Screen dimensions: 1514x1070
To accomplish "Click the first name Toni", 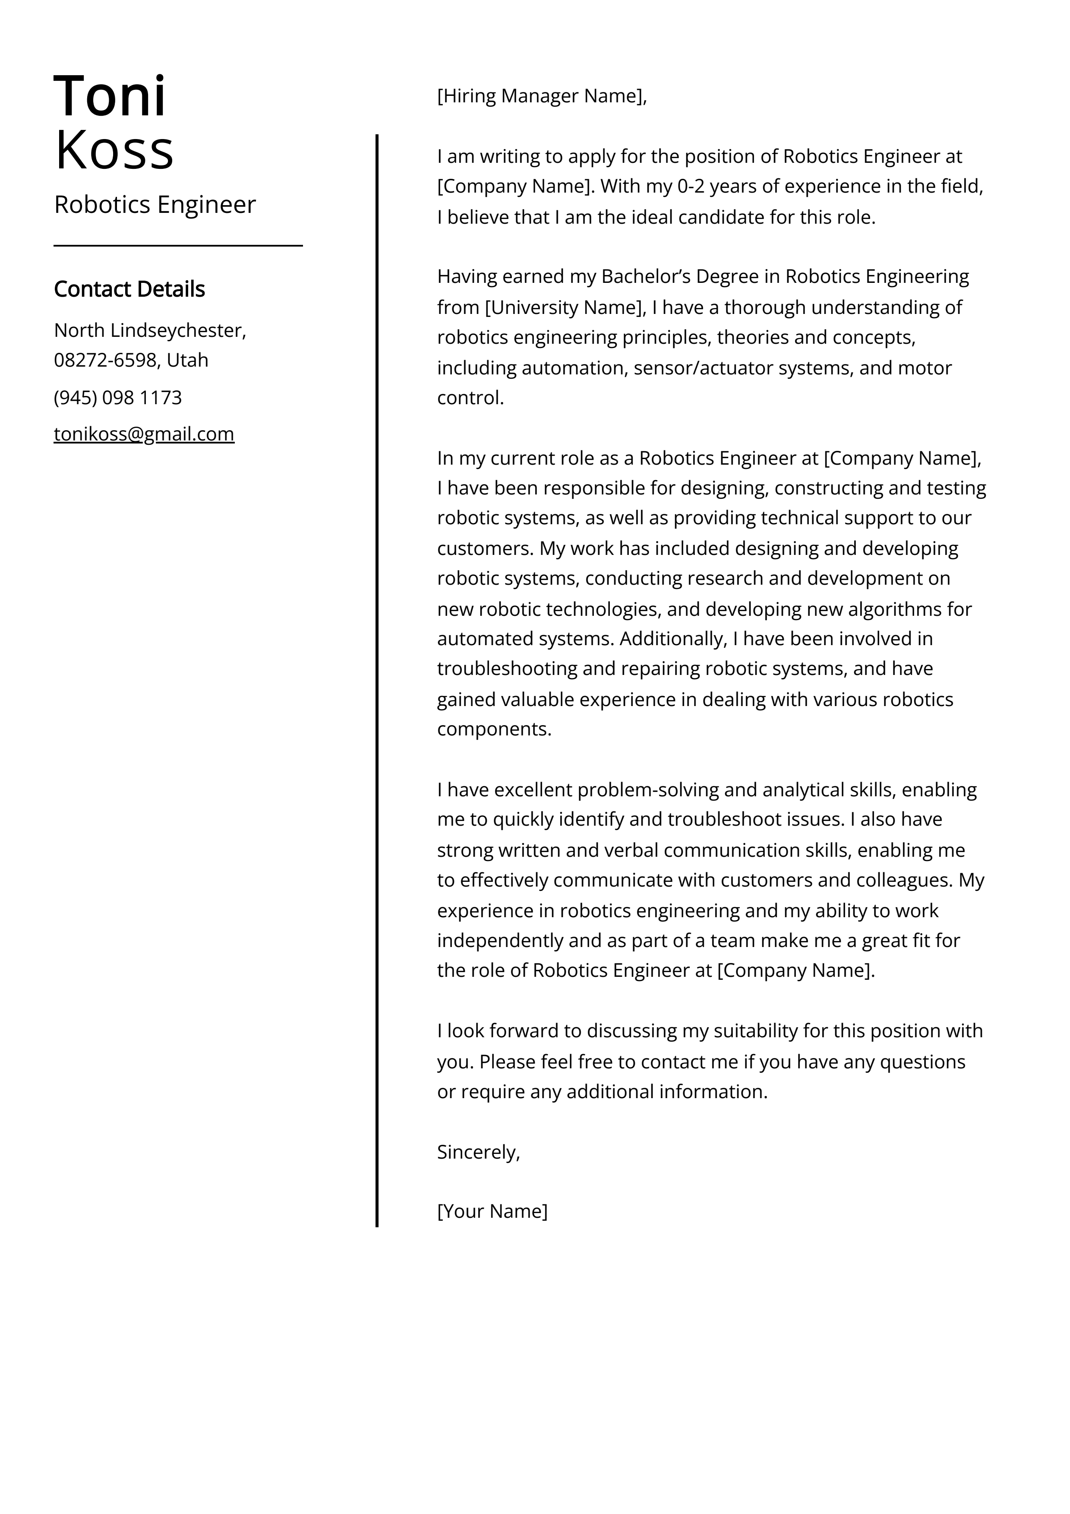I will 110,97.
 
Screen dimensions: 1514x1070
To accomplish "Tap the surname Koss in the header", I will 114,151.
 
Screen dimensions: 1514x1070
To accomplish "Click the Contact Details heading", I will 129,289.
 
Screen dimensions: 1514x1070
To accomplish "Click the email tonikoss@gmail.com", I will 144,434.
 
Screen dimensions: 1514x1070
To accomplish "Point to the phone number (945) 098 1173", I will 117,398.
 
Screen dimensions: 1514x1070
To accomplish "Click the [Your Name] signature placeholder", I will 492,1211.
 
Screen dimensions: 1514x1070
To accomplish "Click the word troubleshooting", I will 507,668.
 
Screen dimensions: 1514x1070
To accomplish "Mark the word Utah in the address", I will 187,360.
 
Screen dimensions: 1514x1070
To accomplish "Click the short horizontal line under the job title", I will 178,245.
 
